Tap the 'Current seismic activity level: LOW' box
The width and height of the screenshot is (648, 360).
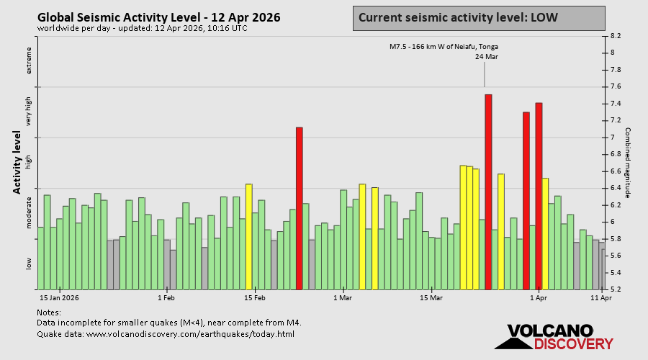tap(479, 18)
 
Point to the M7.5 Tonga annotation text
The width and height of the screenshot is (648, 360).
tap(444, 47)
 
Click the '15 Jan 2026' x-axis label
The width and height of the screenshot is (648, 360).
tap(59, 297)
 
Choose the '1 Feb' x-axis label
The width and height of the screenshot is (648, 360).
tap(166, 297)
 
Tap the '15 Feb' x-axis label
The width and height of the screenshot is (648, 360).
tap(254, 297)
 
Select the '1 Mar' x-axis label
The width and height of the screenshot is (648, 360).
tap(343, 297)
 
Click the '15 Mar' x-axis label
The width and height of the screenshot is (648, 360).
tap(431, 297)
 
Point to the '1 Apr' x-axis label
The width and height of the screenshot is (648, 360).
tap(539, 297)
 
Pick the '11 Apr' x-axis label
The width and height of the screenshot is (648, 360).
tap(600, 297)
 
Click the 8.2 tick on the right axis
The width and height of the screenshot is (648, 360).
tap(616, 35)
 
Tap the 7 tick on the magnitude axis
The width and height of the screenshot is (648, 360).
tap(613, 138)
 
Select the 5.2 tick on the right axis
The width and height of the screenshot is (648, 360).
tap(616, 289)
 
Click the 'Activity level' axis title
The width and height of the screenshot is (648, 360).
tap(17, 162)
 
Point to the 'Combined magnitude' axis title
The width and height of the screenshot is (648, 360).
tap(627, 162)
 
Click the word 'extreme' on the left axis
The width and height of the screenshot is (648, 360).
tap(30, 60)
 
